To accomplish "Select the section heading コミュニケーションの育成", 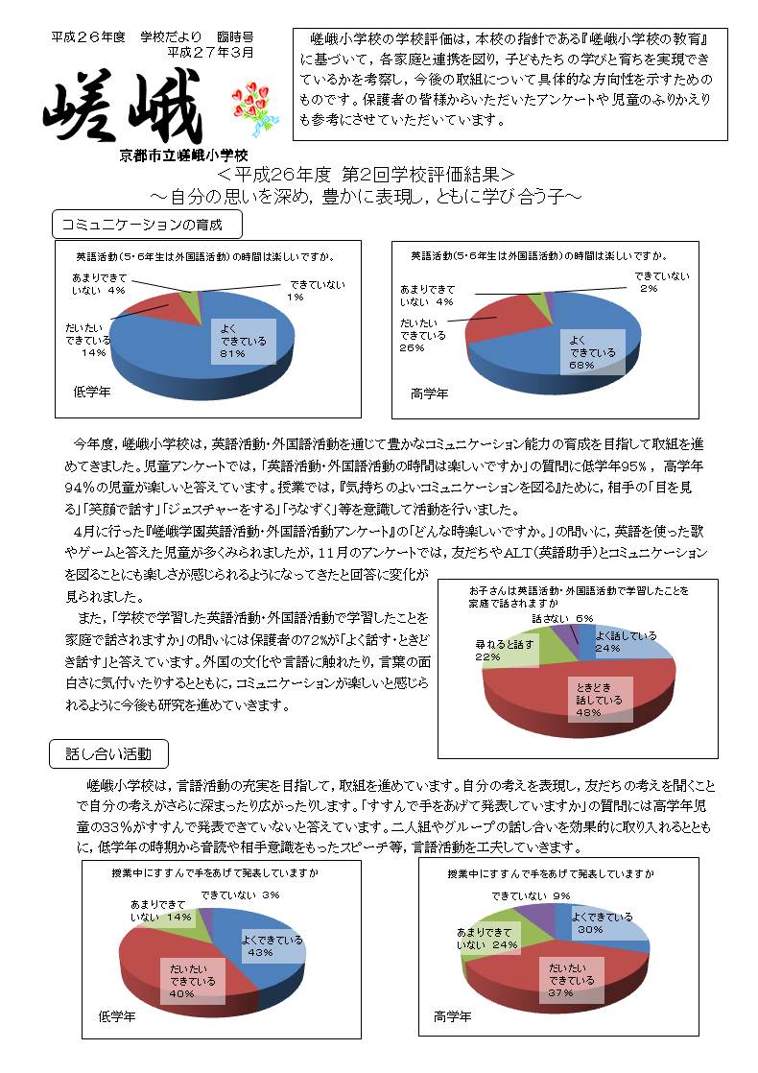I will click(146, 226).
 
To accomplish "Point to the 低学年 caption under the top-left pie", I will click(92, 392).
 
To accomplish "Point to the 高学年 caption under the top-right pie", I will click(429, 393).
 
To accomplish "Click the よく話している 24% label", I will click(626, 641).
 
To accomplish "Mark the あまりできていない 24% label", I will click(488, 939).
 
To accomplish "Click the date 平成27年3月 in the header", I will click(210, 52).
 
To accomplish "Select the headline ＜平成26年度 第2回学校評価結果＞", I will click(366, 176).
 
